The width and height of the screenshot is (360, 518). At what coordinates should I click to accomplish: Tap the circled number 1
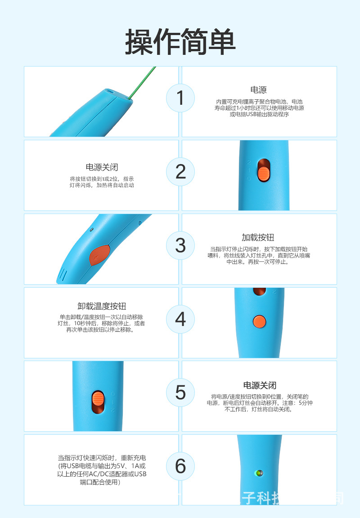[x=180, y=98]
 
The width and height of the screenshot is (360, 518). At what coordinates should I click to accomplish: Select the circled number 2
[x=180, y=172]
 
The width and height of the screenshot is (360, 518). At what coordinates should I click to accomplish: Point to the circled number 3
[x=180, y=246]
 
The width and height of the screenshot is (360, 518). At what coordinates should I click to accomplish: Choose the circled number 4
[x=180, y=319]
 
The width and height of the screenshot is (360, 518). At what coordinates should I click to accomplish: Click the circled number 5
[x=180, y=393]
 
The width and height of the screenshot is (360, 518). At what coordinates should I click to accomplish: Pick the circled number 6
[x=180, y=466]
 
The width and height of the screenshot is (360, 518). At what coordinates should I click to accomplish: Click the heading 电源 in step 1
[x=258, y=90]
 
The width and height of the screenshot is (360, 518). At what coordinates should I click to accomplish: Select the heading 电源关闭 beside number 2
[x=102, y=167]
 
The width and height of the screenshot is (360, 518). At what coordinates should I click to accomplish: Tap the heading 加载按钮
[x=258, y=237]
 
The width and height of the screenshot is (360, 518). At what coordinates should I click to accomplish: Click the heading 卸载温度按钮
[x=102, y=306]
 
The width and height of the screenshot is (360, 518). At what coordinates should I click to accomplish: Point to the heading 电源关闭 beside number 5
[x=260, y=385]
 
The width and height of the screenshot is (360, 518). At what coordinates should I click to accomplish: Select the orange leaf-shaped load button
[x=99, y=255]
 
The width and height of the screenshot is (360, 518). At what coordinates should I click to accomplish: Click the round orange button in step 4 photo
[x=259, y=321]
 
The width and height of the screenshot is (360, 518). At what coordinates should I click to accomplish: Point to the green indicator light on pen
[x=258, y=473]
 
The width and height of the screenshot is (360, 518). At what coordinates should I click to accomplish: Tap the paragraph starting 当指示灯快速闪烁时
[x=102, y=469]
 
